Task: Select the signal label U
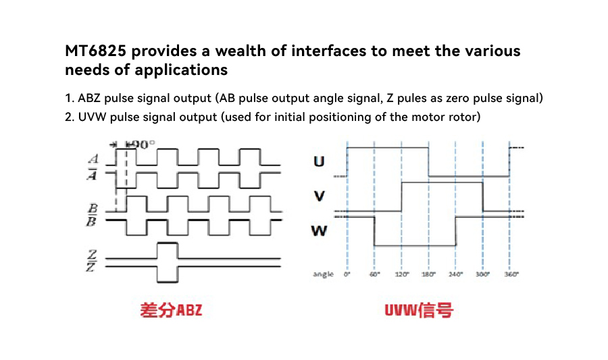[x=319, y=161]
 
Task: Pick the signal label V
[x=319, y=196]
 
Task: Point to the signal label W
[x=319, y=231]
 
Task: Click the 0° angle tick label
[x=347, y=274]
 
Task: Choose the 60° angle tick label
[x=374, y=274]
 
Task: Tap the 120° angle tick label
[x=402, y=274]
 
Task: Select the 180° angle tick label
[x=429, y=274]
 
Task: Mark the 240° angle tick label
[x=456, y=274]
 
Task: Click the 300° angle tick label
[x=483, y=274]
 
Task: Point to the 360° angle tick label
[x=511, y=274]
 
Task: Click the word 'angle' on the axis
[x=324, y=274]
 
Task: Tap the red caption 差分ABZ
[x=171, y=310]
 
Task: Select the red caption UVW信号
[x=419, y=310]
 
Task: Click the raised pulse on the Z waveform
[x=168, y=251]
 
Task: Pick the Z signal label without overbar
[x=92, y=255]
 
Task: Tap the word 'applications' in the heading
[x=181, y=70]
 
